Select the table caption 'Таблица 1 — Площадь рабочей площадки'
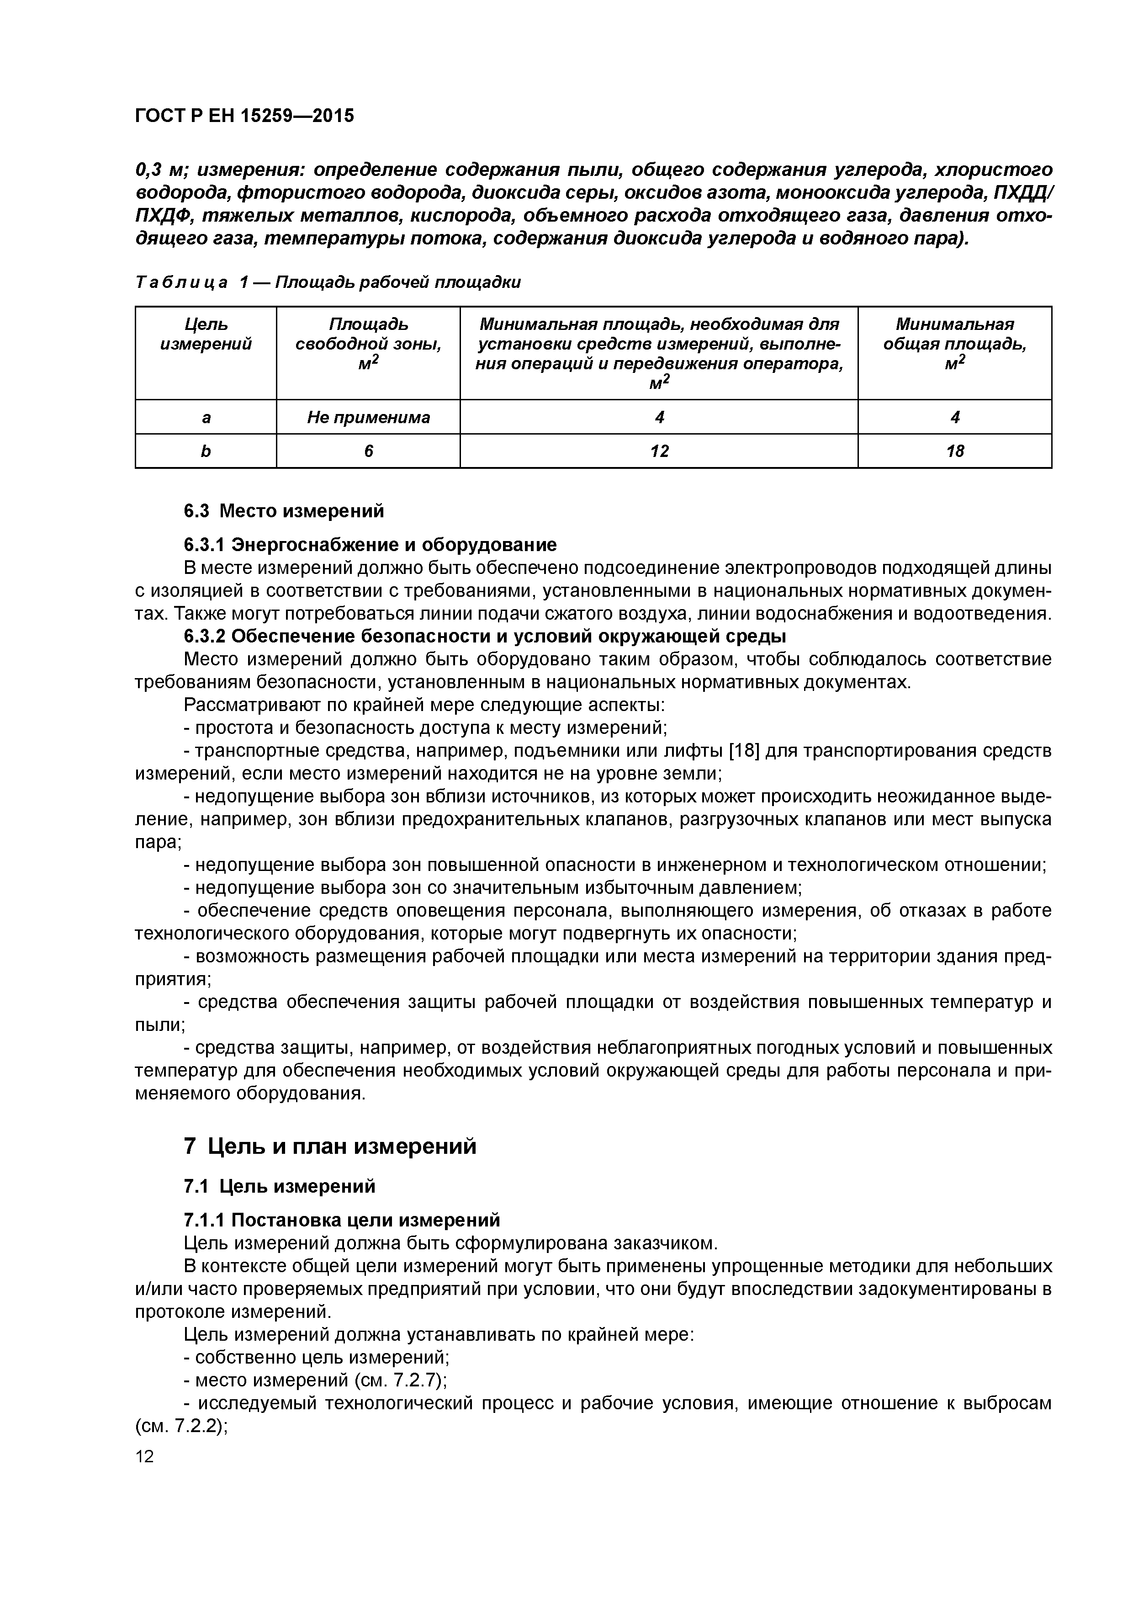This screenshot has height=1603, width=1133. (328, 282)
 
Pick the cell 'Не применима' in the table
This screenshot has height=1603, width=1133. (368, 418)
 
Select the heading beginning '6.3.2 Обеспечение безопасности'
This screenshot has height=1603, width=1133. (484, 636)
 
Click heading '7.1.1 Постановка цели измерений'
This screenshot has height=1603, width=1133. (341, 1220)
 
